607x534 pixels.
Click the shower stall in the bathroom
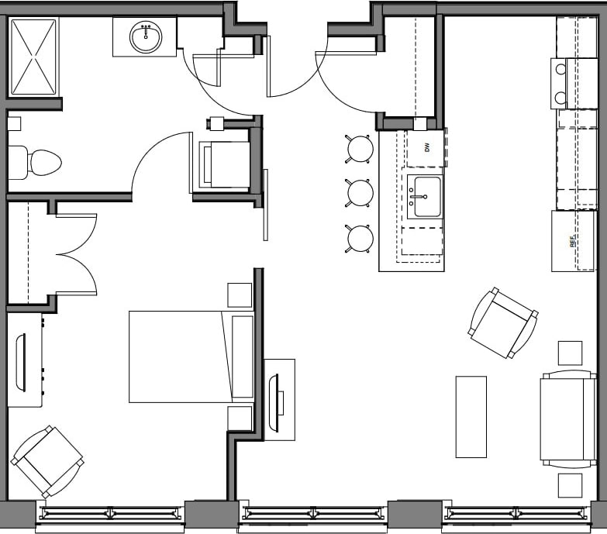tap(33, 57)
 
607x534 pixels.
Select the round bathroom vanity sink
tap(145, 37)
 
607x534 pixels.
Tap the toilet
tap(35, 162)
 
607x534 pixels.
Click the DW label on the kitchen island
tap(426, 147)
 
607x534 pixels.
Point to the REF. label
tap(573, 242)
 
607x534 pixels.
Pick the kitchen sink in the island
tap(424, 197)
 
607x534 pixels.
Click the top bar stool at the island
tap(360, 148)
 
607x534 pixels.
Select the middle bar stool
tap(360, 193)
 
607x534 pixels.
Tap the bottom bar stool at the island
tap(360, 238)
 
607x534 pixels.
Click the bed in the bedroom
tap(191, 357)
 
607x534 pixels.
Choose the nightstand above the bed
tap(240, 295)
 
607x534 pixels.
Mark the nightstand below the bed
tap(240, 418)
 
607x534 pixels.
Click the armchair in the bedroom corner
tap(47, 461)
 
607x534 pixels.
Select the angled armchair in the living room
tap(503, 322)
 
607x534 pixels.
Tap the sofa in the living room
tap(568, 419)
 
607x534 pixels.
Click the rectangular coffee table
tap(471, 416)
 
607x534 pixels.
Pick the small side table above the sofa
tap(570, 353)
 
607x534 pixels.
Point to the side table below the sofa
tap(570, 485)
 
